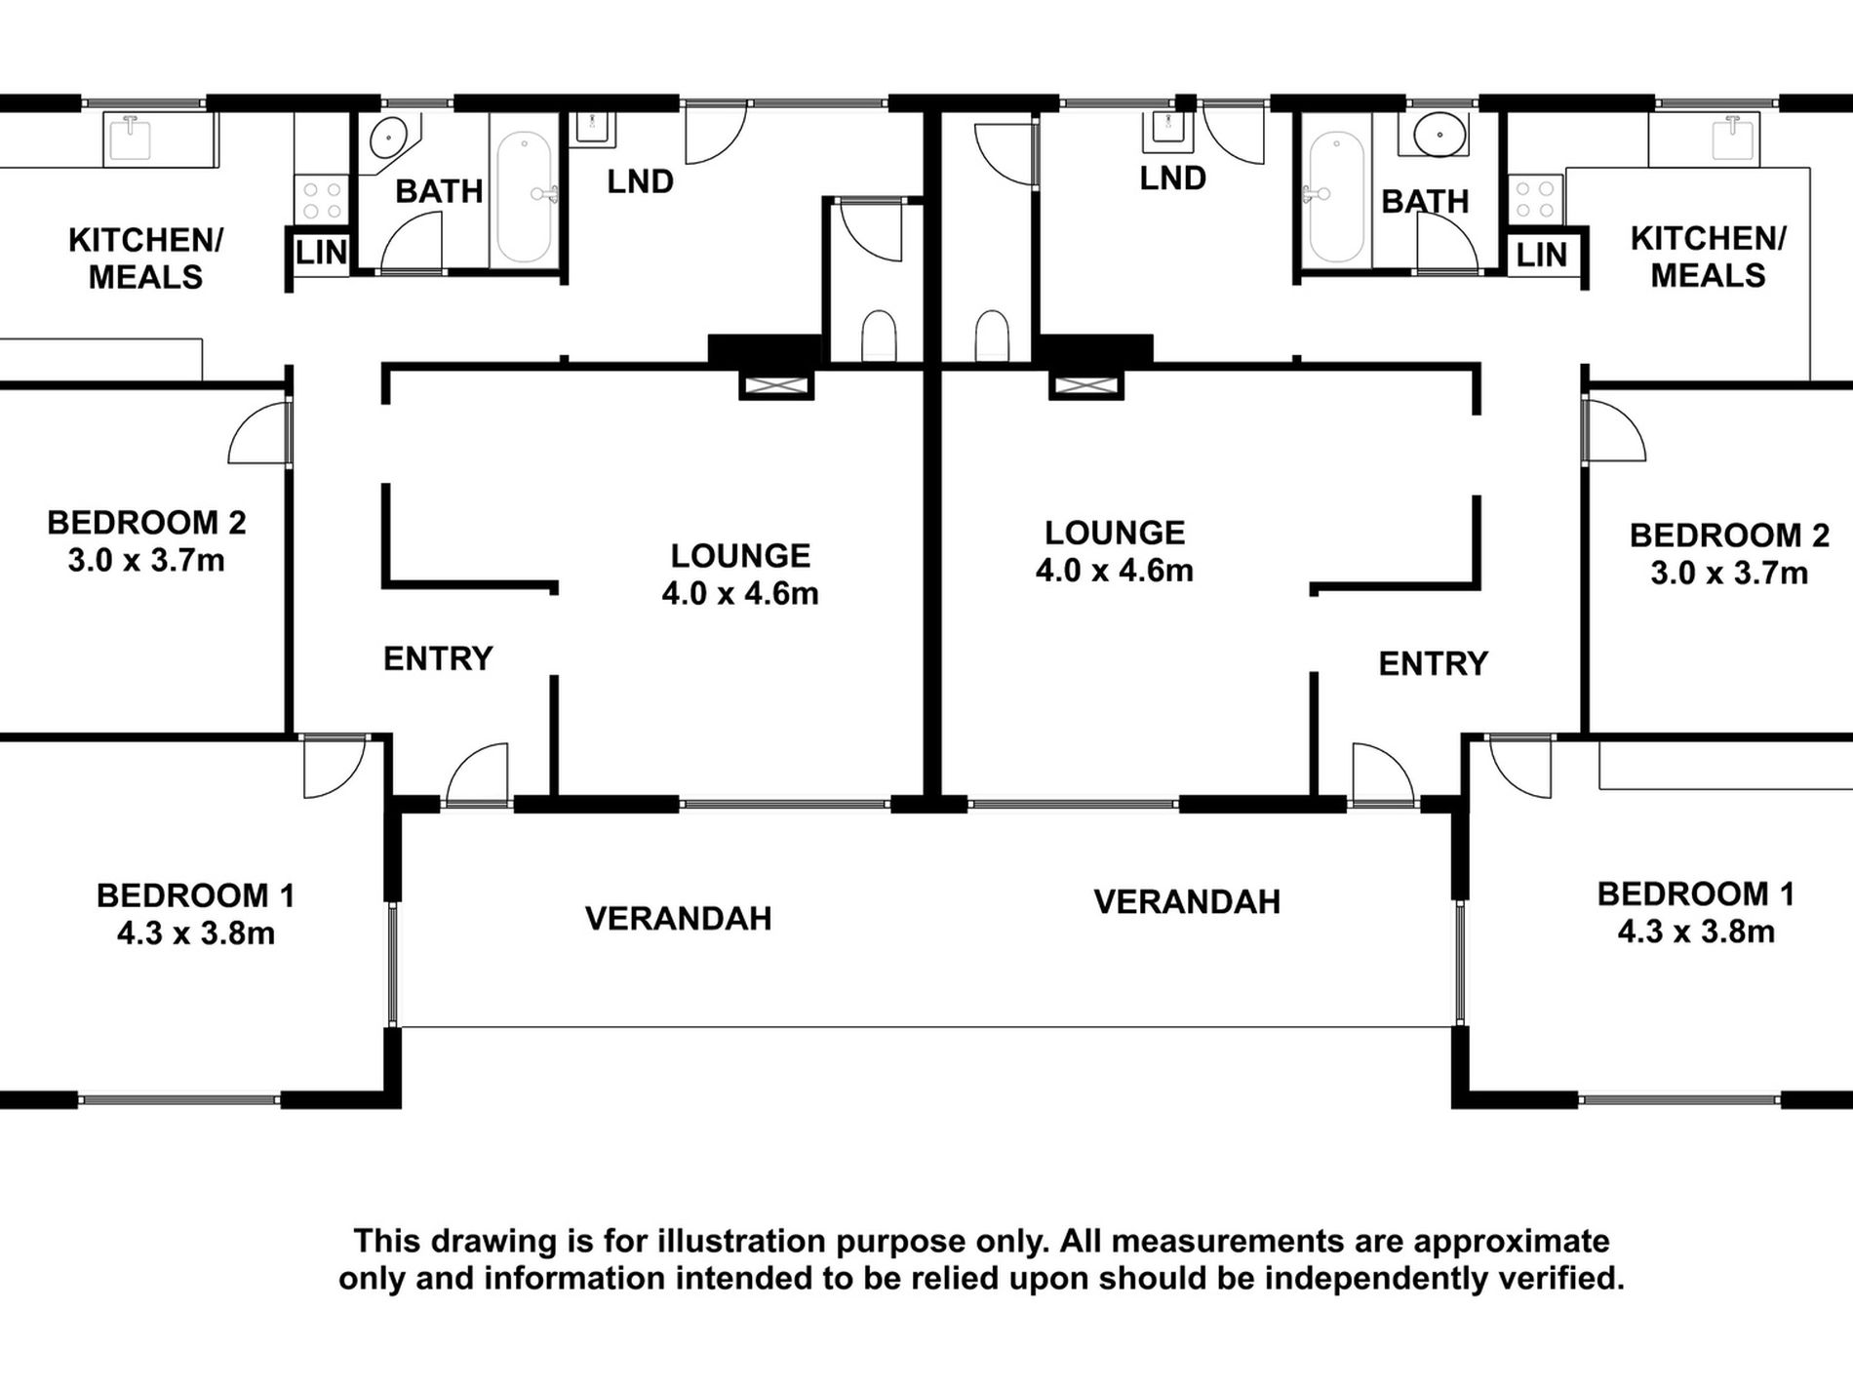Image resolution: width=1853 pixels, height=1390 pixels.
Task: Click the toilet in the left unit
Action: coord(879,336)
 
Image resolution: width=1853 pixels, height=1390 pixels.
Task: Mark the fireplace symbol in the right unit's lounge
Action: coord(1086,386)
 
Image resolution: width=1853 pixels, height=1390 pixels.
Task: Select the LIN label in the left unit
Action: coord(322,253)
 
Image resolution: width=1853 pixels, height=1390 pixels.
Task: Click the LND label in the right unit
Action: coord(1172,179)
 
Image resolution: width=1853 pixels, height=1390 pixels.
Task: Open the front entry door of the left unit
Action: coord(478,774)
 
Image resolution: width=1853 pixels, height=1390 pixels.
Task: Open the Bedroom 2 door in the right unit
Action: coord(1614,431)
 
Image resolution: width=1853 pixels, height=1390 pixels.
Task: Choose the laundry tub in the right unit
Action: coord(1167,132)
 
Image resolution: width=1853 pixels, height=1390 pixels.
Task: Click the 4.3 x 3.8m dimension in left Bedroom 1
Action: coord(196,933)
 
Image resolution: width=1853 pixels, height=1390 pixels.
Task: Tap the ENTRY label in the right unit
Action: coord(1433,664)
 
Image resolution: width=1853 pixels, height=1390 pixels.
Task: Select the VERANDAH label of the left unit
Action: coord(679,918)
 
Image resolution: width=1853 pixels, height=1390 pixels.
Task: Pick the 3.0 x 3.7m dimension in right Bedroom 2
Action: coord(1729,573)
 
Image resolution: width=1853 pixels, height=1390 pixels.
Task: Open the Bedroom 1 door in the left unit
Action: coord(334,767)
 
